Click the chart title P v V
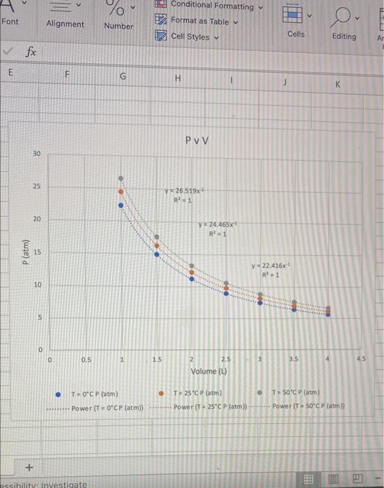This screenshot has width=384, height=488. pyautogui.click(x=198, y=142)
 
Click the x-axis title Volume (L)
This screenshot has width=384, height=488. pyautogui.click(x=209, y=370)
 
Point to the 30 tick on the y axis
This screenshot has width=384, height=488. pyautogui.click(x=37, y=153)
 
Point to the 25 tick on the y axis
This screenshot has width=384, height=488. pyautogui.click(x=37, y=187)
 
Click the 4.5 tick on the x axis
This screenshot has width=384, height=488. pyautogui.click(x=360, y=360)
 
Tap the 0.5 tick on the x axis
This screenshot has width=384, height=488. pyautogui.click(x=85, y=360)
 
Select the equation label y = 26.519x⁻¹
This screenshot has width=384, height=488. pyautogui.click(x=183, y=190)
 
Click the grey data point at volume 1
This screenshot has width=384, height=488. pyautogui.click(x=121, y=178)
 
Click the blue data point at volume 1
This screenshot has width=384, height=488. pyautogui.click(x=121, y=205)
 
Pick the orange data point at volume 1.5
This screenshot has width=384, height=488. pyautogui.click(x=157, y=245)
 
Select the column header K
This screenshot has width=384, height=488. pyautogui.click(x=337, y=83)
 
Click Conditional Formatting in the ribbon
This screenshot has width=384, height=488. pyautogui.click(x=212, y=6)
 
